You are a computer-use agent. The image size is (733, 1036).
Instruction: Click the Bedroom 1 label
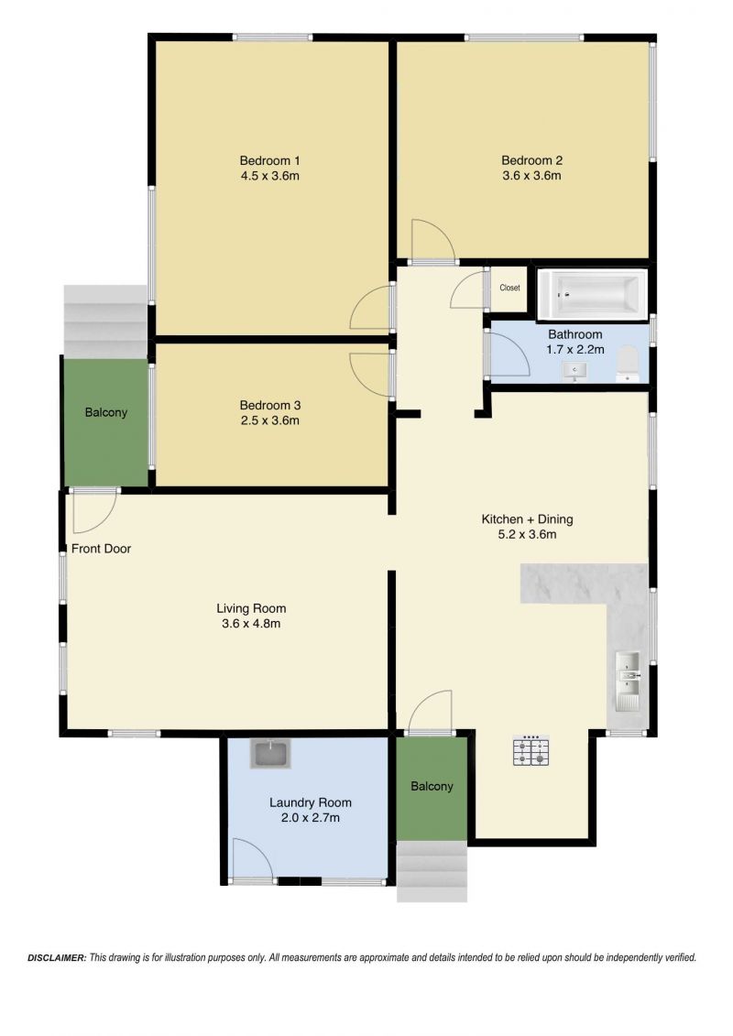pos(269,160)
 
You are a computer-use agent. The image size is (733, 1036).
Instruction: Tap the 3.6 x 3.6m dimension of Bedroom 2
pos(531,176)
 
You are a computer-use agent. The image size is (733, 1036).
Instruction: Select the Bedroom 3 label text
pos(269,405)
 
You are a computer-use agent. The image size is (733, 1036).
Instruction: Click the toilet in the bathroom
pos(628,365)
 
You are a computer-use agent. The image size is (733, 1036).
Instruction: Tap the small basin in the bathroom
pos(574,371)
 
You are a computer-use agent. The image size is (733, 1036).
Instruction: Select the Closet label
pos(509,288)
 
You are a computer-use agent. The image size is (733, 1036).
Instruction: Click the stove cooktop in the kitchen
pos(531,750)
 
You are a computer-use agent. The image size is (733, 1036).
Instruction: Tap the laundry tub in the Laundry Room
pos(270,754)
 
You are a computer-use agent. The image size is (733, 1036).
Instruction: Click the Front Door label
pos(101,549)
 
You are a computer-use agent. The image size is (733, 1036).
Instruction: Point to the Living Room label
pos(251,608)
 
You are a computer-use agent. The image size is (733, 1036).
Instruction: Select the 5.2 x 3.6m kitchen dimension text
pos(527,535)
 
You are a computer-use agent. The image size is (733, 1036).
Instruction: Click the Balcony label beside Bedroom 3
pos(105,412)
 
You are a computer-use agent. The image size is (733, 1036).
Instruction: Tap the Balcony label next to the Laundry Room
pos(432,786)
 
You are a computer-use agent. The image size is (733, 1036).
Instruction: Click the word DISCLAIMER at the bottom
pos(57,957)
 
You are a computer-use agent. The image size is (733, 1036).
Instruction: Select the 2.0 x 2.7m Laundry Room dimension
pos(310,818)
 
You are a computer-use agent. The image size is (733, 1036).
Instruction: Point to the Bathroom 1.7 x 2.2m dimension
pos(575,350)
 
